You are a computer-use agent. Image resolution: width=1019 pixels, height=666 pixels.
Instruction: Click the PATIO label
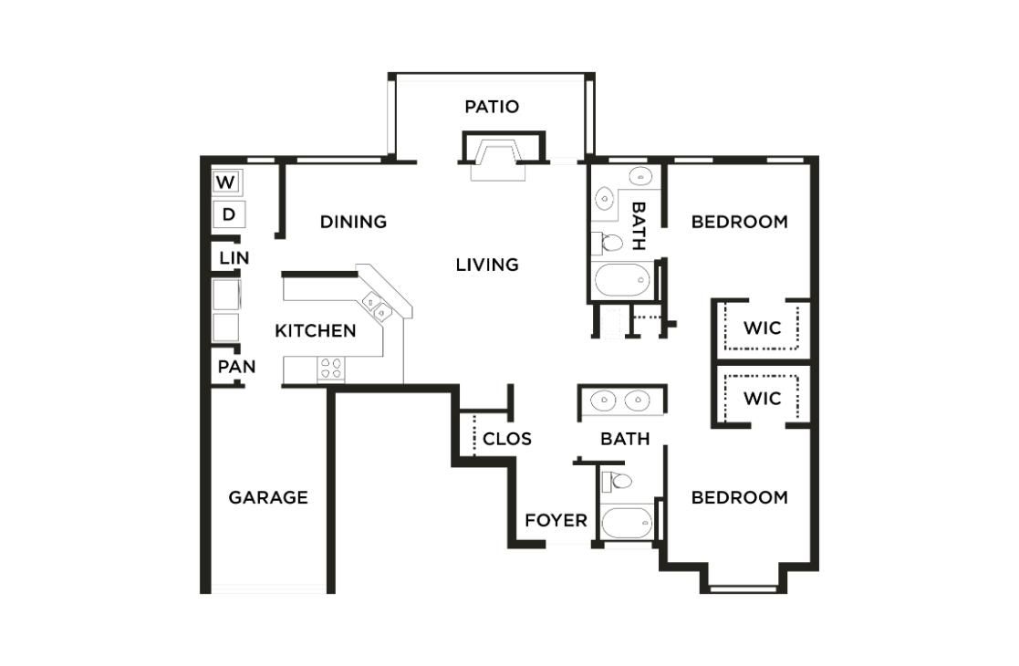[x=492, y=107]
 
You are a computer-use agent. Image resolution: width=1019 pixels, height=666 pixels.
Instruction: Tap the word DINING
[x=353, y=222]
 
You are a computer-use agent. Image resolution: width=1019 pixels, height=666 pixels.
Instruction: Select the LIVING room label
[x=487, y=265]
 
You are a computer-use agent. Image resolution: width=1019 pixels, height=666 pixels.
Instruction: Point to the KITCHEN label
[x=316, y=331]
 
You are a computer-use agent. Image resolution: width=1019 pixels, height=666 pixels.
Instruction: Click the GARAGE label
[x=268, y=497]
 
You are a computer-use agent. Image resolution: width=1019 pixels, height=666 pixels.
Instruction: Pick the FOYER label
[x=556, y=520]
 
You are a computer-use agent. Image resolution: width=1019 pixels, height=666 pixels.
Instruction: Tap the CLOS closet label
[x=507, y=439]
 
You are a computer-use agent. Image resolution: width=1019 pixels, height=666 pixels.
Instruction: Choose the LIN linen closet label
[x=234, y=258]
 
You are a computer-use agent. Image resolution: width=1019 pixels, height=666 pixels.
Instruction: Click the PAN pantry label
[x=236, y=368]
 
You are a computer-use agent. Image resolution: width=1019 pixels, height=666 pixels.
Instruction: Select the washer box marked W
[x=225, y=182]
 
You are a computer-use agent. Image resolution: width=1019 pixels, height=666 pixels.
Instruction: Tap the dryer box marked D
[x=228, y=215]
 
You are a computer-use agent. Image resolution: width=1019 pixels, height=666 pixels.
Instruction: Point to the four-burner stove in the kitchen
[x=331, y=369]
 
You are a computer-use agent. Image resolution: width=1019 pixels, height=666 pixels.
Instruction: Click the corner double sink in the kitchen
[x=378, y=306]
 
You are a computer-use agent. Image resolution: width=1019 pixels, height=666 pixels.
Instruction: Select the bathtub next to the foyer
[x=627, y=524]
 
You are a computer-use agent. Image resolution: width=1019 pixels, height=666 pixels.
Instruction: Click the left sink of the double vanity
[x=602, y=400]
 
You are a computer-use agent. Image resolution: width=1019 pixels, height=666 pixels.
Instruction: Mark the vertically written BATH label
[x=639, y=225]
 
